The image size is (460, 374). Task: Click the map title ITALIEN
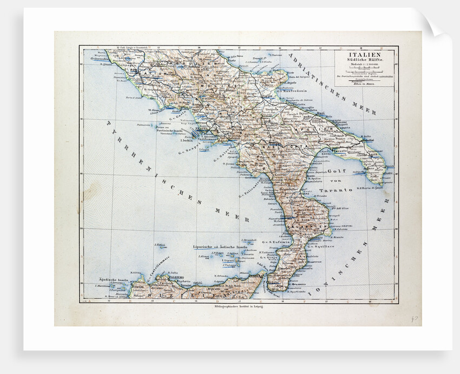[364, 55]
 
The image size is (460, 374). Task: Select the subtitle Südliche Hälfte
[364, 61]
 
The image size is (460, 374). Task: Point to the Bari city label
[321, 114]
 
